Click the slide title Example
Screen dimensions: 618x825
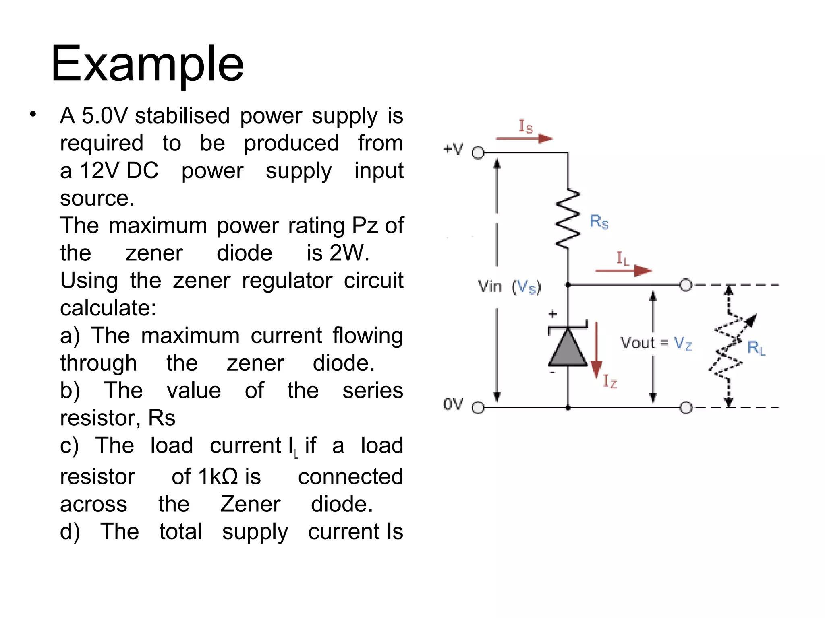[147, 64]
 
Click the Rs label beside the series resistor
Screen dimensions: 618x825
[599, 221]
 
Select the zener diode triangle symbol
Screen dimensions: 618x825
[568, 346]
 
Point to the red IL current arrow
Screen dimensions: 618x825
[623, 271]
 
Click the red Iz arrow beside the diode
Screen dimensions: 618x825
[596, 350]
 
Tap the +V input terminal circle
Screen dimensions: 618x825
[478, 153]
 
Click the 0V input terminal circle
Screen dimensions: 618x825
[478, 408]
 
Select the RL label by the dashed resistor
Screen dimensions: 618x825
[756, 348]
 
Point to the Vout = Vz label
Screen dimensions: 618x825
[656, 343]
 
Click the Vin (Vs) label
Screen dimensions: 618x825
[509, 287]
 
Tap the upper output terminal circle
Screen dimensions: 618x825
[686, 285]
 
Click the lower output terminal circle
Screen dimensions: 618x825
[686, 408]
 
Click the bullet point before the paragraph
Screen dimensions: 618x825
[33, 115]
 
